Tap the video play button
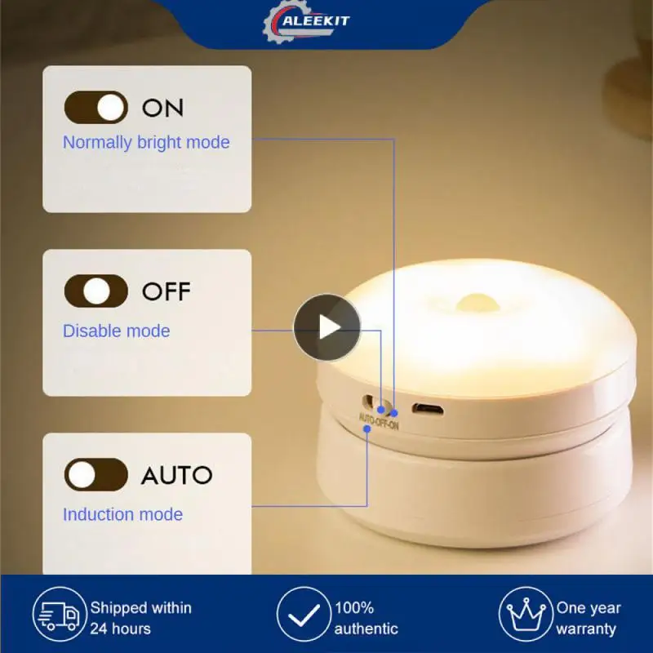(x=327, y=327)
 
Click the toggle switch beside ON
(x=96, y=107)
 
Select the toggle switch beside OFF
(x=96, y=291)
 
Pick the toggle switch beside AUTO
(x=96, y=474)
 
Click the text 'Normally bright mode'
(x=146, y=142)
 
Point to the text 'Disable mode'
(x=116, y=331)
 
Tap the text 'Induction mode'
(x=122, y=514)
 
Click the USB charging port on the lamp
(x=424, y=407)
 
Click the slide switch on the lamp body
(x=378, y=403)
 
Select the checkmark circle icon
(x=302, y=617)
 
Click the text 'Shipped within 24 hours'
(x=140, y=618)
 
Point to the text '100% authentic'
(x=366, y=618)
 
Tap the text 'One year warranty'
(x=589, y=618)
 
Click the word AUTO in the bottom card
(x=176, y=474)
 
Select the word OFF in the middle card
(x=166, y=291)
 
